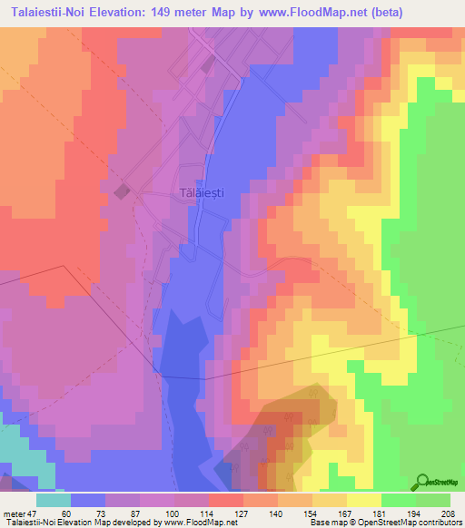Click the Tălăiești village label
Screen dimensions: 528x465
[201, 193]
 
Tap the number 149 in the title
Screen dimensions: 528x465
[168, 13]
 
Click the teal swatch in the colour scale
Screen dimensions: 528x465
[54, 500]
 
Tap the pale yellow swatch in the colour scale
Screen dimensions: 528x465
[364, 500]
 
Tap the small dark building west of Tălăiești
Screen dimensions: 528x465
[121, 191]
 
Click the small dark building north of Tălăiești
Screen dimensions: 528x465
[208, 64]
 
